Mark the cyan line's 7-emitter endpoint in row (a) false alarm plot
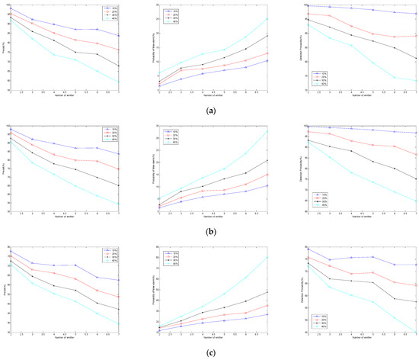267,18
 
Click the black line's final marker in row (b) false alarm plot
267,160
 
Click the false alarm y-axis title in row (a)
152,47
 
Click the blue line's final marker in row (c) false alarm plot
267,314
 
